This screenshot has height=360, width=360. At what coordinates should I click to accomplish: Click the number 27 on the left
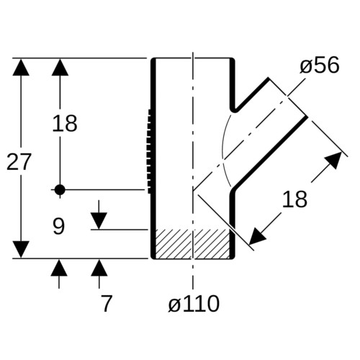click(19, 162)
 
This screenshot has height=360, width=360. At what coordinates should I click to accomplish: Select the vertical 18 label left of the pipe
click(65, 123)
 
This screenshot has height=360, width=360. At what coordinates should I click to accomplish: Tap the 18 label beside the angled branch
click(294, 199)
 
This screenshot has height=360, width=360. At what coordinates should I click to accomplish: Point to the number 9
click(59, 226)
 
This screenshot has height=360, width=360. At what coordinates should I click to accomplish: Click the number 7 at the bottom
click(107, 303)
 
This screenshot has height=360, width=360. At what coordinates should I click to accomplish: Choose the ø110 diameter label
click(194, 304)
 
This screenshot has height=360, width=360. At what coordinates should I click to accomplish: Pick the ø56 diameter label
click(320, 65)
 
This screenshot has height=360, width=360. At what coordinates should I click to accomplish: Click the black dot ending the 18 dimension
click(60, 190)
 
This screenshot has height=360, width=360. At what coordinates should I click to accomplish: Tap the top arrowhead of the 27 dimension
click(21, 67)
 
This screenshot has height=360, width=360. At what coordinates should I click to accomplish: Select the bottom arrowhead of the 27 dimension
click(21, 250)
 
